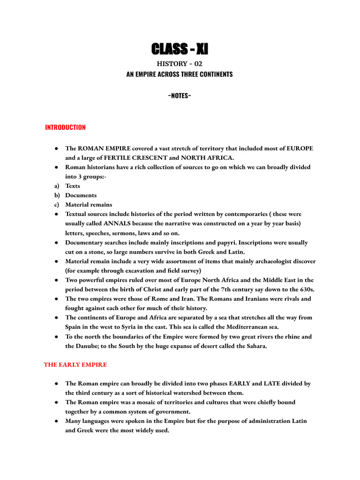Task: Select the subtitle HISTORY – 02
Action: pos(180,64)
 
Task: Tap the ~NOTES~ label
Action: pos(180,96)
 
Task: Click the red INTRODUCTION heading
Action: pos(65,127)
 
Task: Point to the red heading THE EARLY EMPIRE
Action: pos(75,364)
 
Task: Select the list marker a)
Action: pos(56,186)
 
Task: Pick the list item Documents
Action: pos(81,195)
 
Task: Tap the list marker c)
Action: pos(56,204)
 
